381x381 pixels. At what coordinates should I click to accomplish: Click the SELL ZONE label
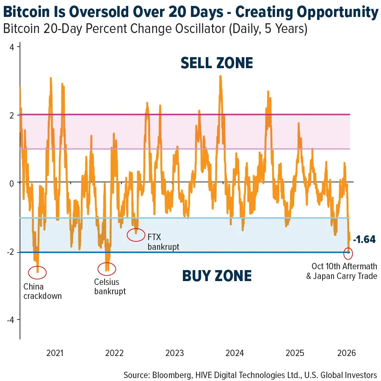(217, 63)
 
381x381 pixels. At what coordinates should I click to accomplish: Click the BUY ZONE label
(217, 276)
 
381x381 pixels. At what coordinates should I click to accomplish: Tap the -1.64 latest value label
(364, 239)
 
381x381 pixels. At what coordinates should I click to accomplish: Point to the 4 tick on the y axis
(12, 47)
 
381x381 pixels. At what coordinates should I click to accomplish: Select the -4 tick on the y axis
(11, 320)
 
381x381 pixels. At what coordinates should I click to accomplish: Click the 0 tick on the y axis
(12, 183)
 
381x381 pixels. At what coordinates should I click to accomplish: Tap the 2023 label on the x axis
(174, 353)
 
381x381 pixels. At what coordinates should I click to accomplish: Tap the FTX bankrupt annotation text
(163, 242)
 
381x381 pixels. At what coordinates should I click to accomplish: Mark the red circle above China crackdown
(37, 272)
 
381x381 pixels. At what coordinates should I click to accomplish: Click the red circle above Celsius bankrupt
(107, 268)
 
